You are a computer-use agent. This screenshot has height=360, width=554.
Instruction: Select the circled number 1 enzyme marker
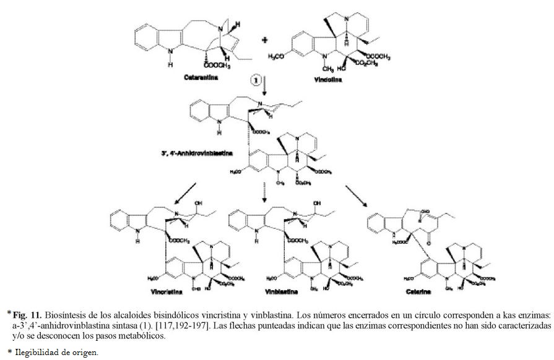tap(255, 79)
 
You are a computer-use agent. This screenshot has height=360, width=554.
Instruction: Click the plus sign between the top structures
tap(265, 41)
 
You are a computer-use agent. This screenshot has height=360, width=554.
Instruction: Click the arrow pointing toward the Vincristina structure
tap(186, 192)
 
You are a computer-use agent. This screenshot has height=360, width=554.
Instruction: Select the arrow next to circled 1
tap(265, 84)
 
